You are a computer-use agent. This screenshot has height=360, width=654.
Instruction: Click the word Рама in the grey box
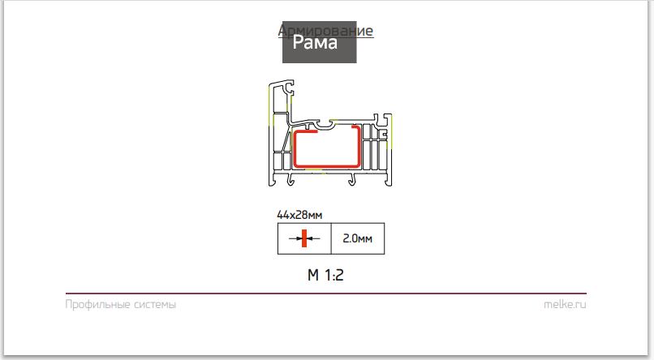[315, 42]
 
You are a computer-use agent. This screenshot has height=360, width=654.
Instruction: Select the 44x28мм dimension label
[299, 215]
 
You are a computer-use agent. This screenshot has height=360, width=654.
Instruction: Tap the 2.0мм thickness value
[357, 239]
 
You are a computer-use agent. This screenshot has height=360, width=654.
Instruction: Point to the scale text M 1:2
[326, 275]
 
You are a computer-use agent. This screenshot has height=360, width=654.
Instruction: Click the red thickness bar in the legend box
[304, 239]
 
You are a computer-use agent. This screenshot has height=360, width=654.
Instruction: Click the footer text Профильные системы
[120, 305]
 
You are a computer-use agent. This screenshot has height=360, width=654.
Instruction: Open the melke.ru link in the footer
[565, 305]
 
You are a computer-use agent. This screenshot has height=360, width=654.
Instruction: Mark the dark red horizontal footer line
[325, 293]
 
